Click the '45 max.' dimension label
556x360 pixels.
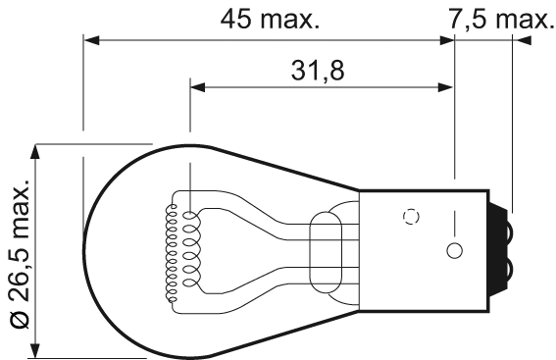pyautogui.click(x=271, y=18)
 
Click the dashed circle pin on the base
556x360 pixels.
pyautogui.click(x=412, y=216)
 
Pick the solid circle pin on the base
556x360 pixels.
pyautogui.click(x=453, y=249)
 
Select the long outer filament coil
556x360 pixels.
pyautogui.click(x=174, y=251)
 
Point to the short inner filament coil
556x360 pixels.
pyautogui.click(x=189, y=251)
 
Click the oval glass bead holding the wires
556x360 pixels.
pyautogui.click(x=324, y=250)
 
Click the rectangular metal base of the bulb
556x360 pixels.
pyautogui.click(x=424, y=250)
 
